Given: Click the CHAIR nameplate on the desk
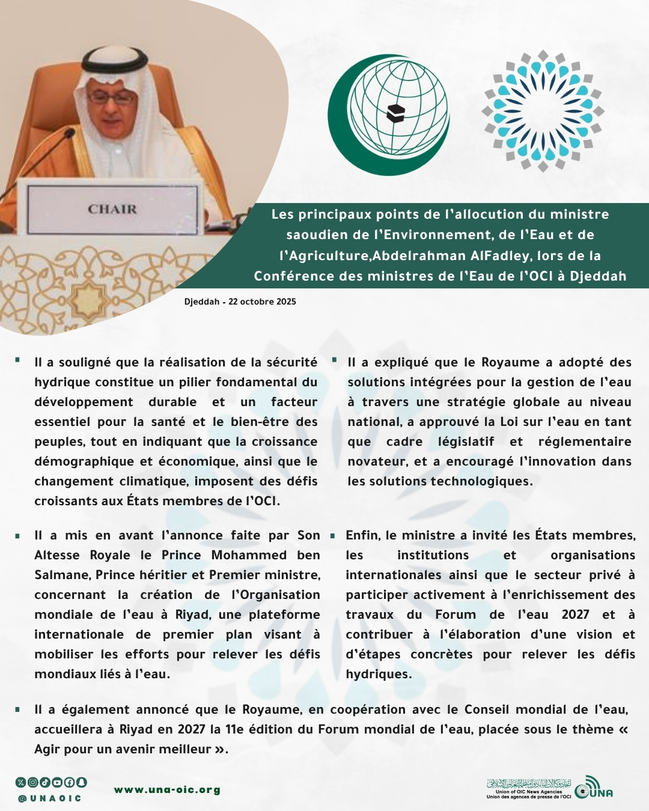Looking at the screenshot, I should pos(112,209).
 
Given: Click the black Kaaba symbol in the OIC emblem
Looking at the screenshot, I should pos(395,113).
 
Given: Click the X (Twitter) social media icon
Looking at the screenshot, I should pos(21,782).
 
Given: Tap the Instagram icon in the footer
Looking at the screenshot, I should pos(33,782).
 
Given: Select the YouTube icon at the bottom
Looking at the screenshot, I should pos(57,782).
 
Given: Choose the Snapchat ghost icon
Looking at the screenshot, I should pos(81,782).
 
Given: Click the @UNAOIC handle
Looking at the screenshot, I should pos(49,798).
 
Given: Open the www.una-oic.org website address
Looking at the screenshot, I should pos(167,790).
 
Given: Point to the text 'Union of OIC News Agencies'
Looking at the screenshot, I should pos(529,792).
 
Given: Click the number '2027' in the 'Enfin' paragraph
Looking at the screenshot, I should pos(575,615).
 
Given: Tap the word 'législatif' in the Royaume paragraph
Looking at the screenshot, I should pos(466,442).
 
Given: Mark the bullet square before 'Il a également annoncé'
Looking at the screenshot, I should pos(18,709).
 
